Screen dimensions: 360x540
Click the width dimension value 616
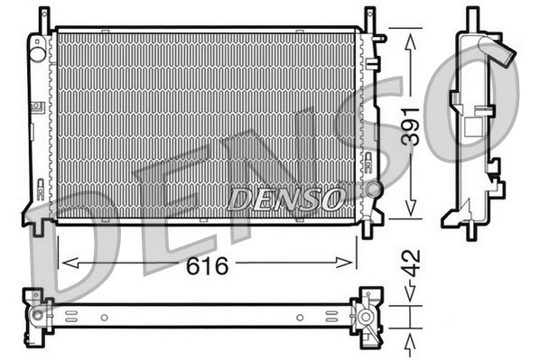(209, 266)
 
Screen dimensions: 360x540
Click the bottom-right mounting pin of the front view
(367, 228)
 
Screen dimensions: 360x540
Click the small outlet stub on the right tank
(381, 39)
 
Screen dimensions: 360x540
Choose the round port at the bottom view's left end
(38, 315)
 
